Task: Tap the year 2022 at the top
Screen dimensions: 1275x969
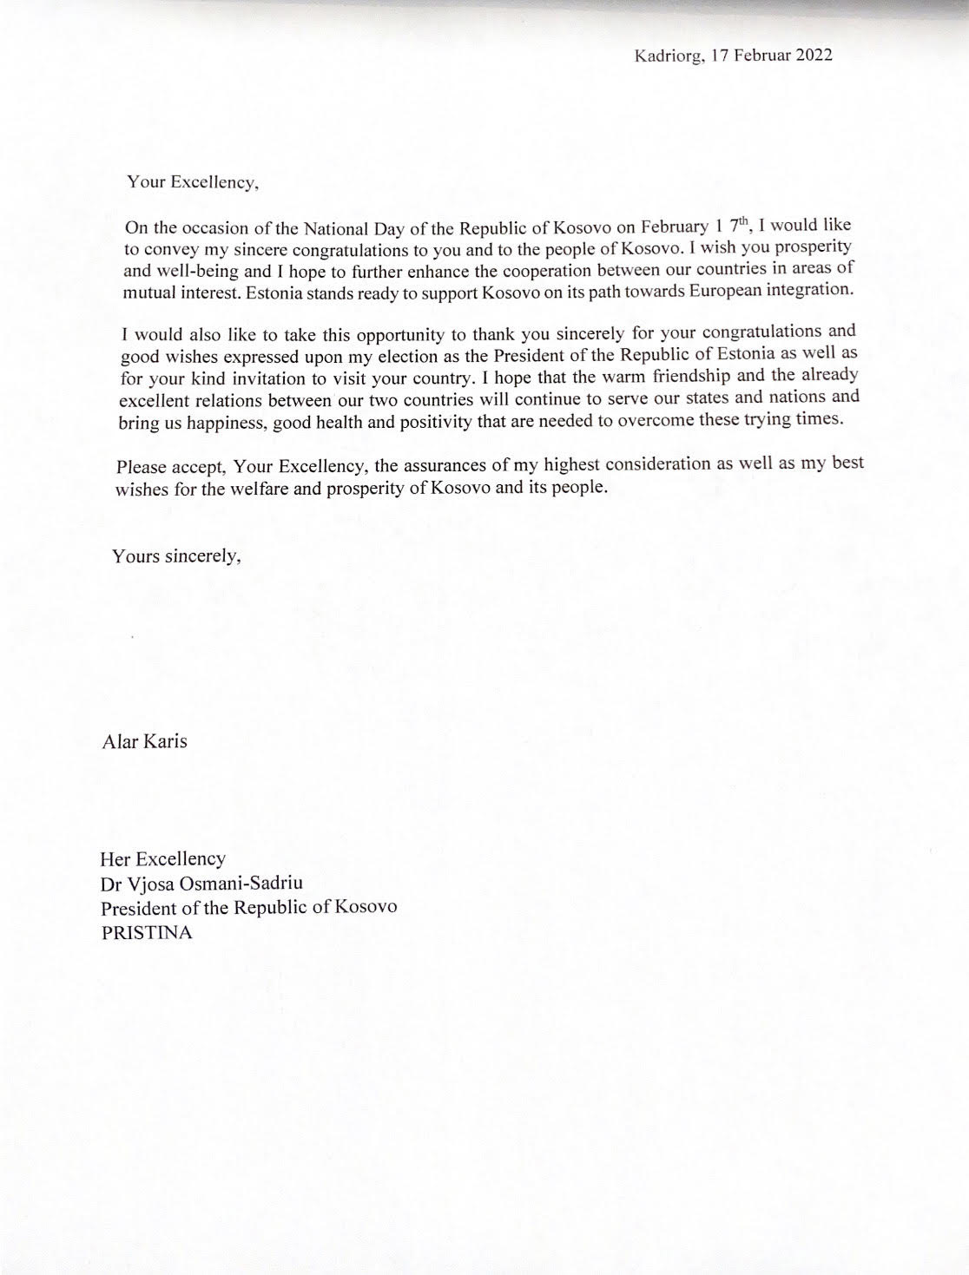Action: point(810,56)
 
